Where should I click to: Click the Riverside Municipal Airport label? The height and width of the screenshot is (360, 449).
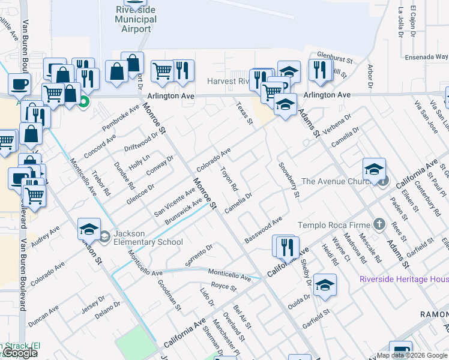[136, 19]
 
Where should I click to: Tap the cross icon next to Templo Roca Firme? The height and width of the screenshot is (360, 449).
[378, 224]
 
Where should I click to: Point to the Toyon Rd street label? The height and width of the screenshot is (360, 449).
[231, 179]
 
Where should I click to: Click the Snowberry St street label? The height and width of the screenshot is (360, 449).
[288, 179]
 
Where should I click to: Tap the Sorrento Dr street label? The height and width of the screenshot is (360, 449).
[200, 255]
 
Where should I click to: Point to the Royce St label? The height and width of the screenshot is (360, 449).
[224, 287]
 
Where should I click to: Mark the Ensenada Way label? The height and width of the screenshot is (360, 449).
[427, 57]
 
